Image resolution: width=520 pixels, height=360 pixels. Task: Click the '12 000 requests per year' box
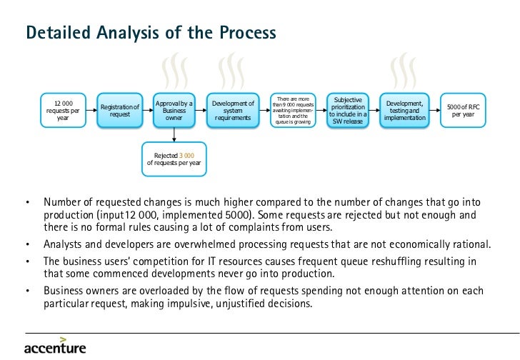[63, 111]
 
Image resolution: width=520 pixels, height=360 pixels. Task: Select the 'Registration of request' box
[119, 111]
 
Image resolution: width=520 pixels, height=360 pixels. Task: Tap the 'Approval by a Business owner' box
[174, 111]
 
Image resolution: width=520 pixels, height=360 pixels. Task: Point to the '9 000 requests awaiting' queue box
[291, 111]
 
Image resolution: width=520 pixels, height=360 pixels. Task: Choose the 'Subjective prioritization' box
[348, 111]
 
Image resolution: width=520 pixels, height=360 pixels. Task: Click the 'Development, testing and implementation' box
[404, 111]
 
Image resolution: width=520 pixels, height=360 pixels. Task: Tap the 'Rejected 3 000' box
[174, 159]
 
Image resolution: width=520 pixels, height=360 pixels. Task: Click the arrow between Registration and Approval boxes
[147, 111]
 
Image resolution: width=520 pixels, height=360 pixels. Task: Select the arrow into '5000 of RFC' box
[435, 111]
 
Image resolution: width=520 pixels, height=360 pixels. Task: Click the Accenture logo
[55, 346]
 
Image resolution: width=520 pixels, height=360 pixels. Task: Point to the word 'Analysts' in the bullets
[63, 244]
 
